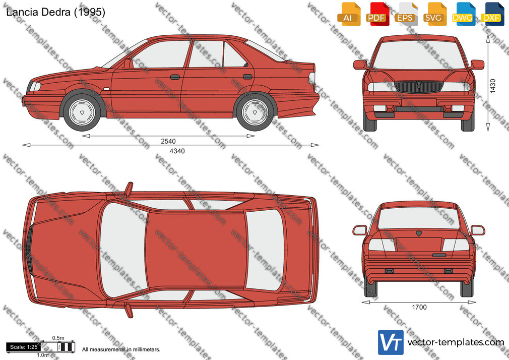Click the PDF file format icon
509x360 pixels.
[x=377, y=14]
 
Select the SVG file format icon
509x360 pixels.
[x=435, y=14]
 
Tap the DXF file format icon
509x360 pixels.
[x=493, y=14]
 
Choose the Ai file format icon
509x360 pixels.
[x=349, y=14]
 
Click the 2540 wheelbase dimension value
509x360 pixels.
[x=168, y=141]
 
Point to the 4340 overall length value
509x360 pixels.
[x=177, y=151]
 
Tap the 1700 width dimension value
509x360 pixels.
[x=419, y=308]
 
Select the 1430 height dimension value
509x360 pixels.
[x=493, y=86]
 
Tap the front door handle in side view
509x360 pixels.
[x=175, y=77]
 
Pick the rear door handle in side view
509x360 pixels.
[x=247, y=77]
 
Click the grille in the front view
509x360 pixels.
[x=419, y=87]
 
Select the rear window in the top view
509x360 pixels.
[x=264, y=250]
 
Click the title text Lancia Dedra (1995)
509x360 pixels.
[x=55, y=12]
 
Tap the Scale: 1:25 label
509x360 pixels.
[x=24, y=347]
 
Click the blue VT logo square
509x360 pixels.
[x=391, y=342]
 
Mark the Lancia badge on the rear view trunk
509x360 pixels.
[x=419, y=233]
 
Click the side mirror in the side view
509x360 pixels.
[x=128, y=64]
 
